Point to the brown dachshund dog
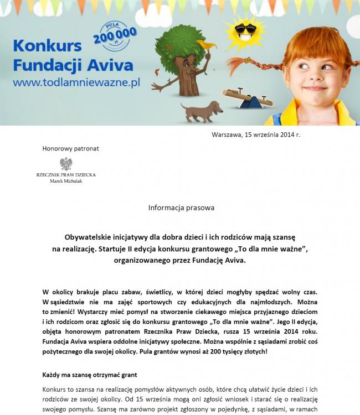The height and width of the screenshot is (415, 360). (201, 110)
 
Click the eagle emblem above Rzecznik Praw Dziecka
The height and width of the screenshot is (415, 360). (66, 164)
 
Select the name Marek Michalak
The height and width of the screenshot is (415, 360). (66, 180)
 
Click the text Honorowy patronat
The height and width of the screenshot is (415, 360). (71, 148)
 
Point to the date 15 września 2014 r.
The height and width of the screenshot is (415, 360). (273, 134)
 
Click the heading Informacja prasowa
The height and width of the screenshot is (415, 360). (181, 207)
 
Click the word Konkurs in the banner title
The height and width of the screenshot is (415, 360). (47, 46)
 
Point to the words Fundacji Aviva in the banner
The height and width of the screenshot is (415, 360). (73, 65)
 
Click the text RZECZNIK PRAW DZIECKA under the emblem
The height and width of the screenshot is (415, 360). (66, 174)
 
